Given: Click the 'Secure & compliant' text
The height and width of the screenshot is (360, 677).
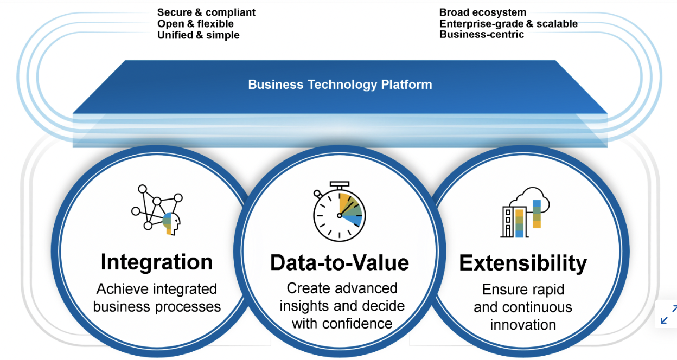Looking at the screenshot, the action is point(207,12).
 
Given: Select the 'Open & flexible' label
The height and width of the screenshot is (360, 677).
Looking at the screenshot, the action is point(195,23).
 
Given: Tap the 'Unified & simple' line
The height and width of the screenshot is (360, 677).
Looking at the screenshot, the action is point(199,35).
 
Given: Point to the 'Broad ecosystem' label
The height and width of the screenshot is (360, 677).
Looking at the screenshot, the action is point(483,12).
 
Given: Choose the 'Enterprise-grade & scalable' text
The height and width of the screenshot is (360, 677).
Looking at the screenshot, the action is point(508,23).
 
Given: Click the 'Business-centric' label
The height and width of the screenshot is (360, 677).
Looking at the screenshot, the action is point(482,35).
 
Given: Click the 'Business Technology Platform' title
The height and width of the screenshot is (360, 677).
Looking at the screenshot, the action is point(340,85).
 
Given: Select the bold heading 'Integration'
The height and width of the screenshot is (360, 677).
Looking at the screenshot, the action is point(157,262).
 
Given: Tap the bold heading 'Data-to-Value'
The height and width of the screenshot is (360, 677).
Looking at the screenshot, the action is point(340,263).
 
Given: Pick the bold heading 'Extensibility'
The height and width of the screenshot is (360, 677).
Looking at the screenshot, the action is point(523,263).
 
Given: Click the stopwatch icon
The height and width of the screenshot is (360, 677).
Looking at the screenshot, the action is point(339,211).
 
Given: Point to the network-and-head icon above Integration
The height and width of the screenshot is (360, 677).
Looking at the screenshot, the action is point(157,210).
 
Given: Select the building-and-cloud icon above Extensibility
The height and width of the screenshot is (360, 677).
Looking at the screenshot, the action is point(525,213).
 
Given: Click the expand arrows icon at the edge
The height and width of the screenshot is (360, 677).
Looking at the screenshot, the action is point(668,314).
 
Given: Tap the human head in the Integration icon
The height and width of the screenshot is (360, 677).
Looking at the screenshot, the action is point(171,223).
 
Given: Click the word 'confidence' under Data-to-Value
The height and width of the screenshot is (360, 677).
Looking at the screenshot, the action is point(357,324).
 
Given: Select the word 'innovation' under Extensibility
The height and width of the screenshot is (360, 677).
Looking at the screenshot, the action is point(523,325).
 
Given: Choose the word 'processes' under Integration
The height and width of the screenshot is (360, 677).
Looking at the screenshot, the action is point(188,307).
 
